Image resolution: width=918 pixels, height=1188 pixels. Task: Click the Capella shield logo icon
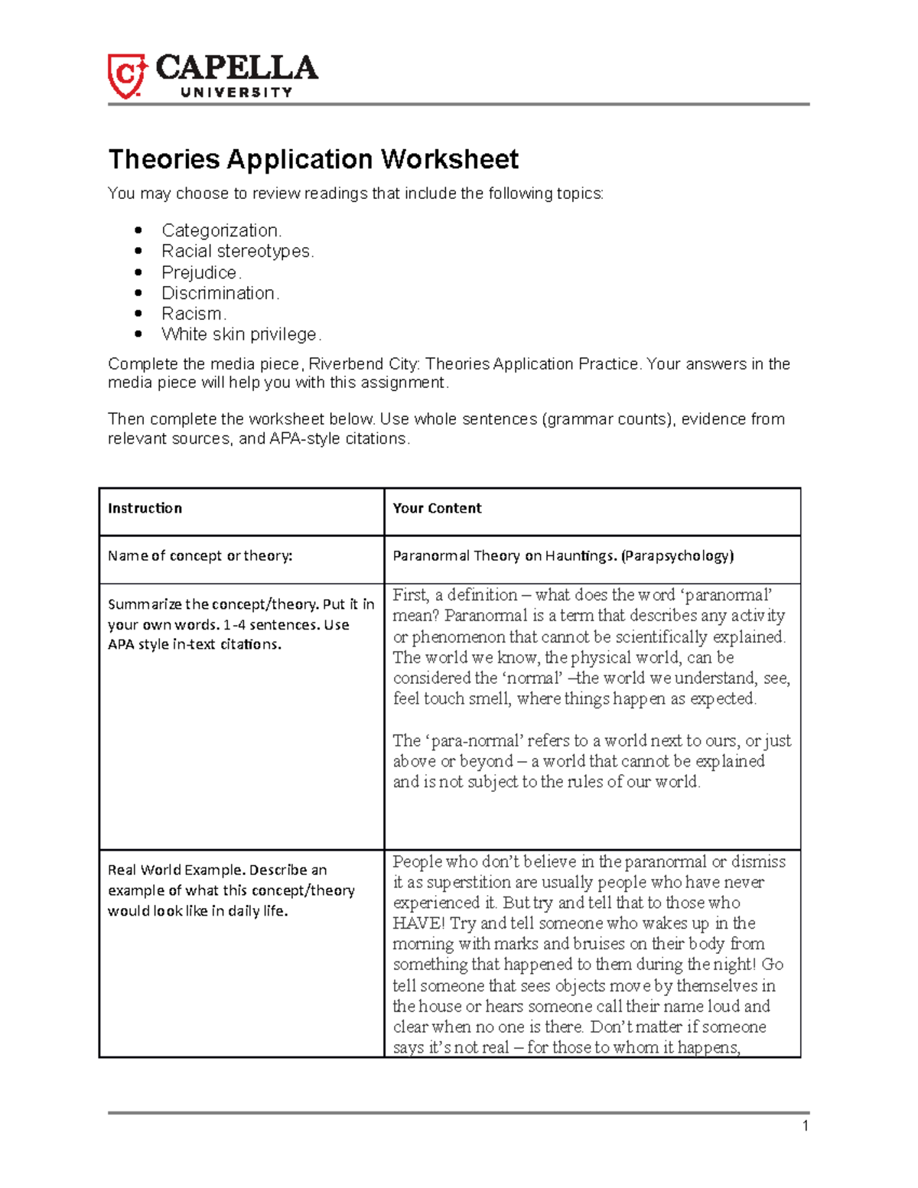click(126, 76)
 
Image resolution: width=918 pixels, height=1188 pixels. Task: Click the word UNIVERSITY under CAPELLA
click(236, 93)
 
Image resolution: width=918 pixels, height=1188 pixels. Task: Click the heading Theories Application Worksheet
click(313, 159)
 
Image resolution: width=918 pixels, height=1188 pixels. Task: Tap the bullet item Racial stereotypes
click(237, 251)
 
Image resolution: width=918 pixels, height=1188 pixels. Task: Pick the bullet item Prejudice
click(201, 272)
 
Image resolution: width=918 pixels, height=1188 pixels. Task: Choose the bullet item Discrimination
click(220, 293)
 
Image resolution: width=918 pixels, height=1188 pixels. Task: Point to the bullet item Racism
click(194, 314)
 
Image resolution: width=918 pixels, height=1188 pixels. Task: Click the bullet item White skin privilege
click(241, 334)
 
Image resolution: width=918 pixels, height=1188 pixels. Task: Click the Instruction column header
click(145, 509)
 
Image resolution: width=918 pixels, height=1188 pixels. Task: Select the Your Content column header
click(437, 509)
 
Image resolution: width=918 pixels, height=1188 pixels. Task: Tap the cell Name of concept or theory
click(200, 556)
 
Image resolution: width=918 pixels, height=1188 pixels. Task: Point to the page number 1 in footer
click(805, 1125)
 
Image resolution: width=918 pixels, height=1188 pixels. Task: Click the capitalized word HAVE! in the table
click(419, 923)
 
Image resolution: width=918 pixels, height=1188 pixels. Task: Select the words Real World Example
click(176, 870)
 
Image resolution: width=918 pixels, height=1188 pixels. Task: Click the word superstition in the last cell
click(451, 882)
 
